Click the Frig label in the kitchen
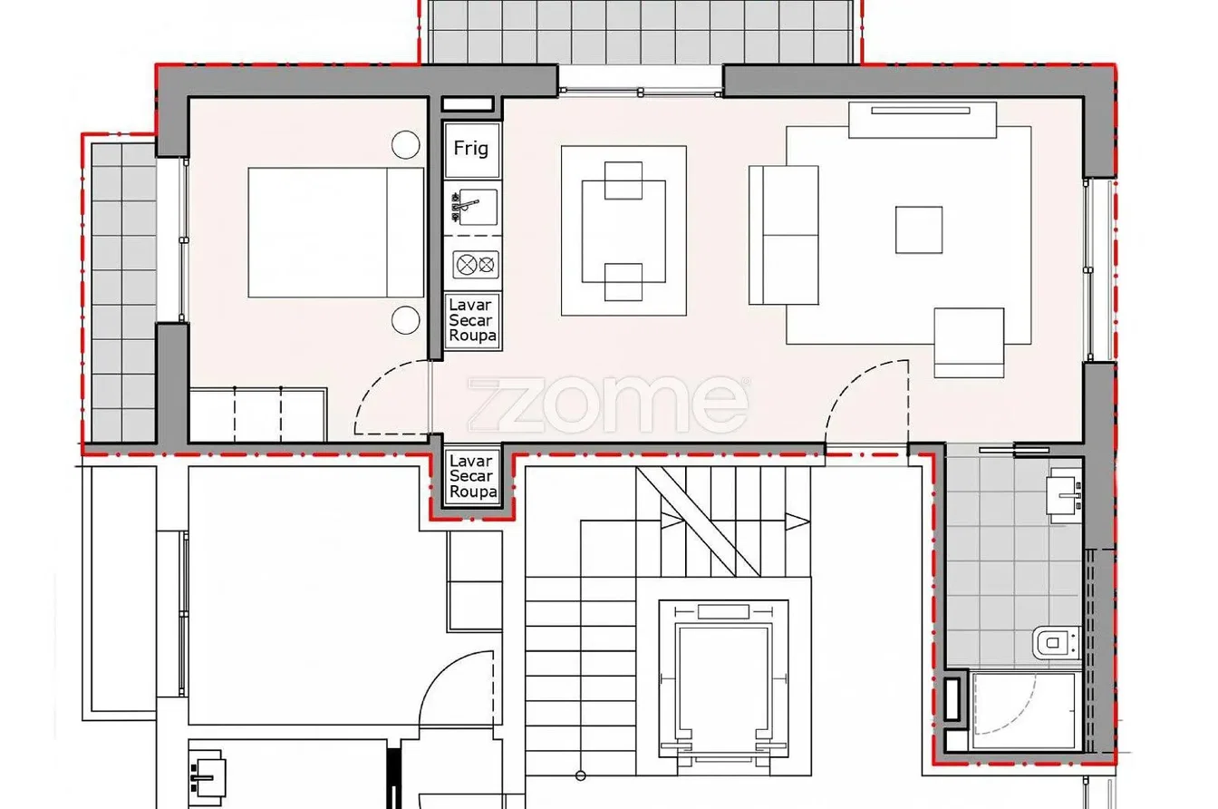(x=471, y=148)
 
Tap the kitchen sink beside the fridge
(x=474, y=207)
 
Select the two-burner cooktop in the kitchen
(x=476, y=265)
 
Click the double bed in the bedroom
(x=336, y=232)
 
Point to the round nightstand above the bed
(x=406, y=145)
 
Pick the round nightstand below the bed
(x=406, y=319)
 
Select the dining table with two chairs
(x=623, y=230)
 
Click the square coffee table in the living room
(x=919, y=229)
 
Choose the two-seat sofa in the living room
(x=784, y=235)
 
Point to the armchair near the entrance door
(x=970, y=343)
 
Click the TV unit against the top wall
(x=923, y=120)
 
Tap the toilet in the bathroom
(x=1057, y=643)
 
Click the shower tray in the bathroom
(x=1023, y=711)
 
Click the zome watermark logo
(x=608, y=404)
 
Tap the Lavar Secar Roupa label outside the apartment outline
(x=472, y=476)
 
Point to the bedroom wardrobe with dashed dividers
(x=257, y=414)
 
